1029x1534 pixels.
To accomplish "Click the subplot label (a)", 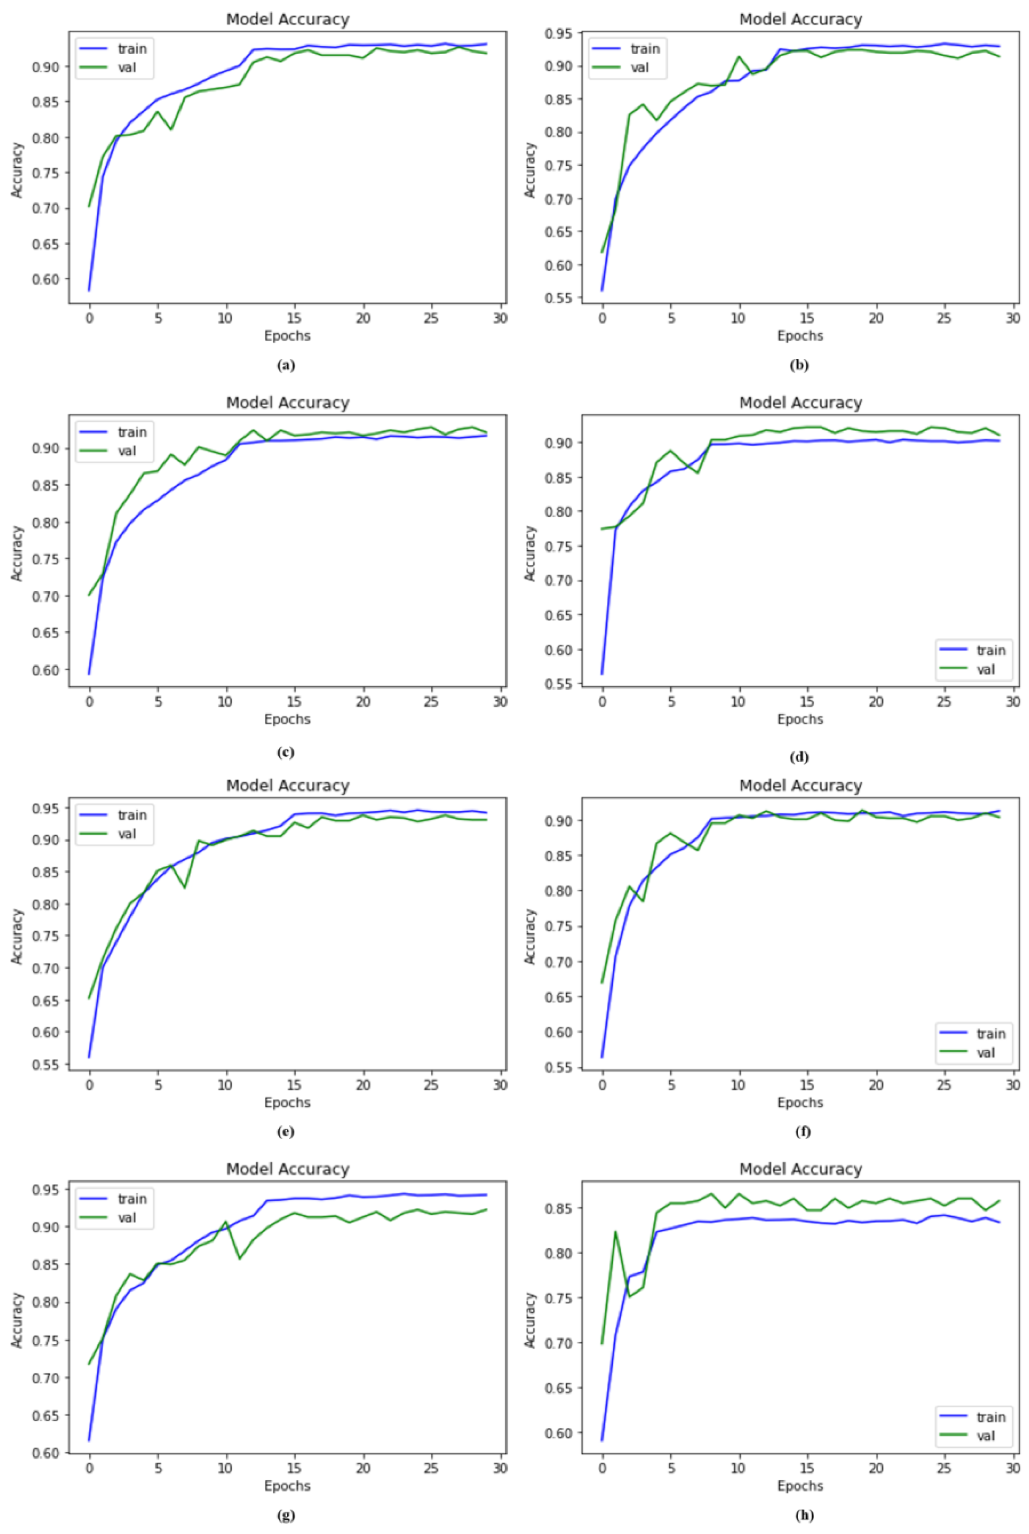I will [286, 366].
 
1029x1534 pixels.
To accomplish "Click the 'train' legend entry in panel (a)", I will [131, 48].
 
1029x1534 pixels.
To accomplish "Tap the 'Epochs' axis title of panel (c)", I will [287, 719].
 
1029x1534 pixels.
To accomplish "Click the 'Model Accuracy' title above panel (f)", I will [800, 786].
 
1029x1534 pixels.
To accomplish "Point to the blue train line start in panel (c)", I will [89, 674].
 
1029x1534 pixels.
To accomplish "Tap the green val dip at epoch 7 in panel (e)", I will [185, 888].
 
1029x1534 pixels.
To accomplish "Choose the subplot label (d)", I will [799, 757].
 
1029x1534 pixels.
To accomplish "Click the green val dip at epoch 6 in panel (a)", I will [171, 129].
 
